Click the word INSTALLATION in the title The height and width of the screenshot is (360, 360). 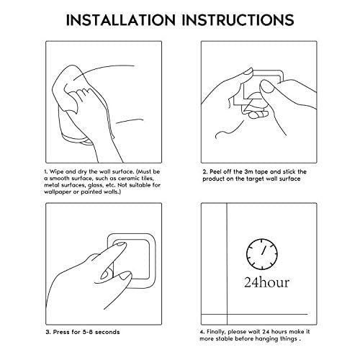(x=121, y=20)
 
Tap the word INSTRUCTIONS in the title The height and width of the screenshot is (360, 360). (x=238, y=20)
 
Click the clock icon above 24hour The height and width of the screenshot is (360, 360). (x=262, y=254)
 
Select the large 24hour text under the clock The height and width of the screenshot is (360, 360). (x=266, y=282)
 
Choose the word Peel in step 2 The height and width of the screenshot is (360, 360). (x=215, y=171)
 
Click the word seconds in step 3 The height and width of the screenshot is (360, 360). (x=107, y=332)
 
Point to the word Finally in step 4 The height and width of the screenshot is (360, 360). (x=216, y=332)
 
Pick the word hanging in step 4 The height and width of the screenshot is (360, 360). (x=266, y=339)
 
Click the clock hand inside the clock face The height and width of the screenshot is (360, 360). (x=264, y=250)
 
